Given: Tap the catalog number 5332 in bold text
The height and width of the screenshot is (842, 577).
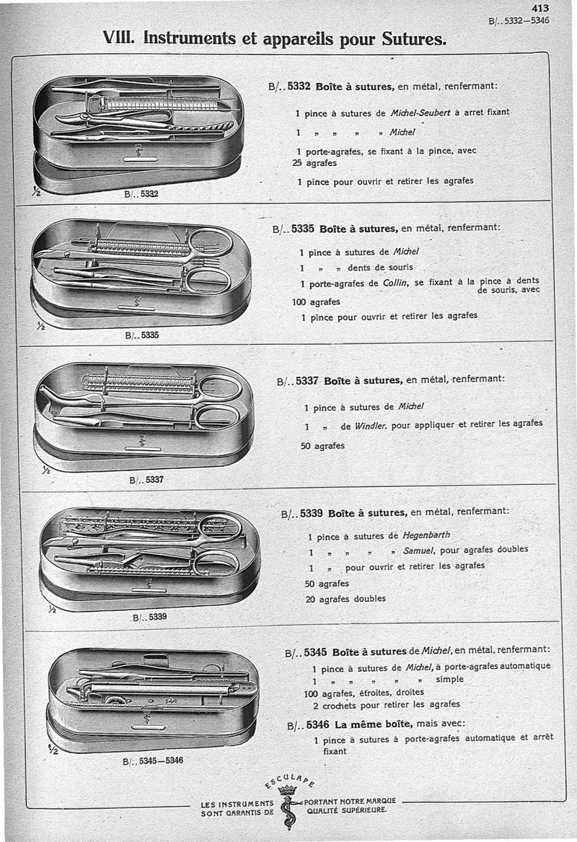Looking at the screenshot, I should (x=298, y=87).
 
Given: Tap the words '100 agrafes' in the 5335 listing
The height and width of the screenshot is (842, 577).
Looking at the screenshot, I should (x=316, y=302).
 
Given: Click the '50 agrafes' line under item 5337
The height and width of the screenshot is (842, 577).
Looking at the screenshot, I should (x=322, y=445).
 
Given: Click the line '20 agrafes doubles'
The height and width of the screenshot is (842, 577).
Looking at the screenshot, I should (x=345, y=598).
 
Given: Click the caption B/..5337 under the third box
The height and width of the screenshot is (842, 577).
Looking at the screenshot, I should (x=146, y=480).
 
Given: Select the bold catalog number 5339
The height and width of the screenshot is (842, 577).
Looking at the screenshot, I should (x=309, y=514).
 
